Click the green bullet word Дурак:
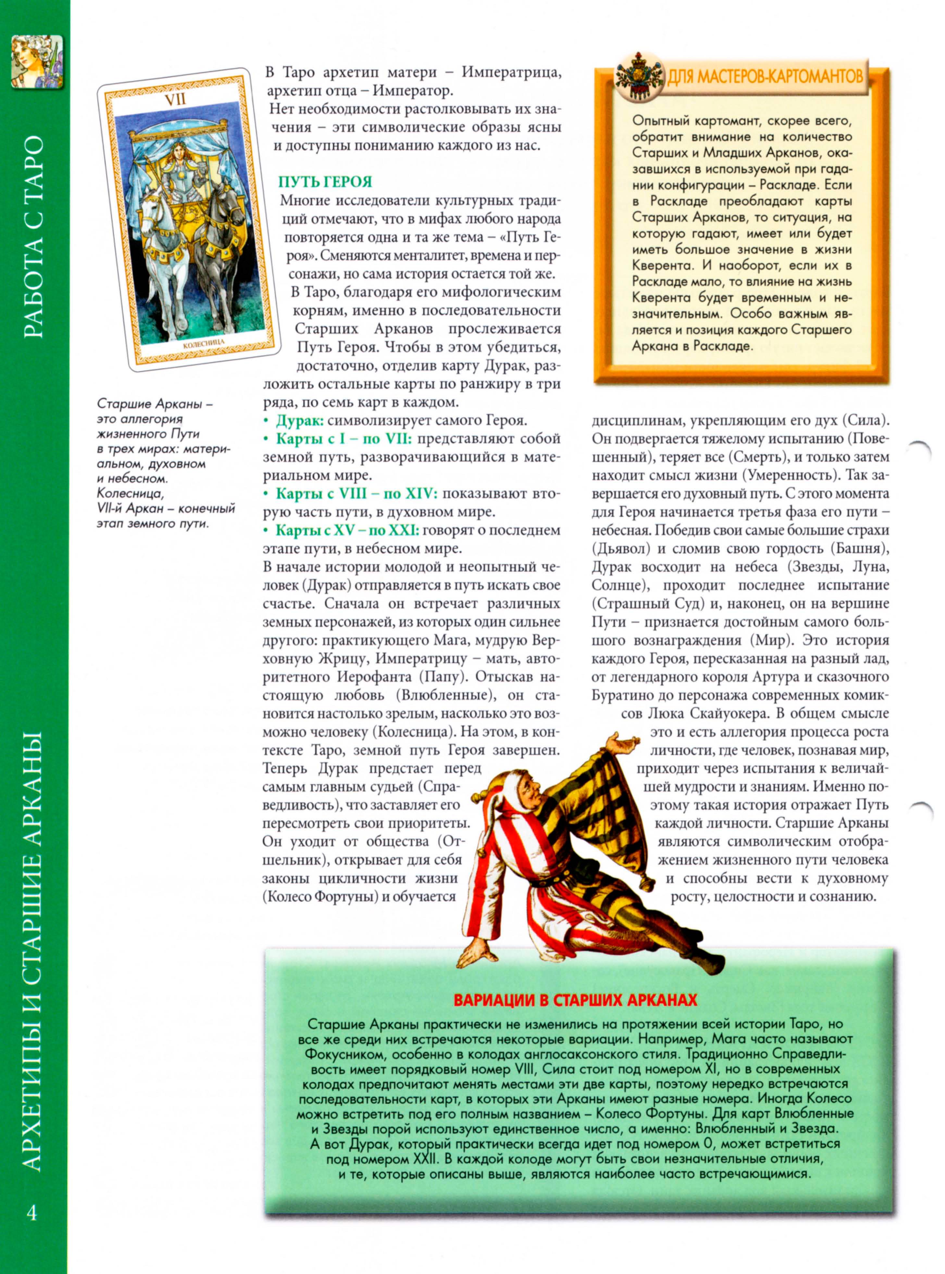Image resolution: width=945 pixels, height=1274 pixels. pyautogui.click(x=300, y=420)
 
